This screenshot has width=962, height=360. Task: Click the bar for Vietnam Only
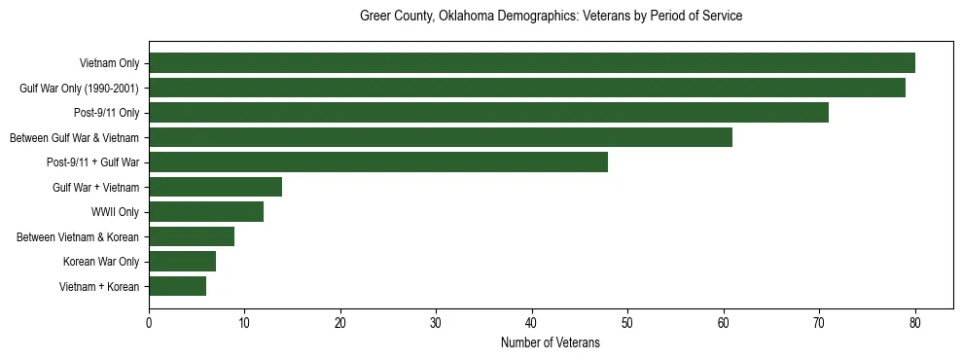(531, 63)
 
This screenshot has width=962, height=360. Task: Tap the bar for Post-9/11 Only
(488, 113)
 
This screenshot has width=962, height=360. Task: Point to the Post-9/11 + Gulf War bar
(378, 162)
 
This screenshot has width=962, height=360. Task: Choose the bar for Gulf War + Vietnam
(215, 187)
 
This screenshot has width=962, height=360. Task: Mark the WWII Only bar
(206, 212)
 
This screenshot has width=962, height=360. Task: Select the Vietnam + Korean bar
(177, 286)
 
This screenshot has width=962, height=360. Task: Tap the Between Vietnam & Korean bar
(192, 236)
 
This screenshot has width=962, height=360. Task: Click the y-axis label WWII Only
(115, 212)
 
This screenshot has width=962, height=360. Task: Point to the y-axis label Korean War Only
(101, 262)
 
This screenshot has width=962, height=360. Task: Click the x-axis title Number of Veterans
(550, 343)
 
